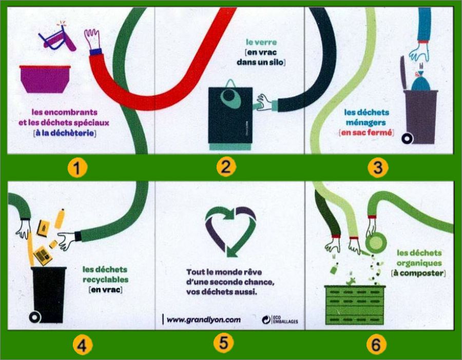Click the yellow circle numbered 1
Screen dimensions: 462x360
point(77,168)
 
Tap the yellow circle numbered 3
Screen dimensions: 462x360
point(378,168)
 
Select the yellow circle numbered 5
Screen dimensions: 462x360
point(223,343)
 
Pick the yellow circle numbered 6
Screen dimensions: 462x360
point(377,345)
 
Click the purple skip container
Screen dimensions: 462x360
point(45,79)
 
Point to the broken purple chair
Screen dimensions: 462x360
point(57,37)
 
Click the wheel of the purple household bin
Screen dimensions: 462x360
point(408,138)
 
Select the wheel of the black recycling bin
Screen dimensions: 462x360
point(35,317)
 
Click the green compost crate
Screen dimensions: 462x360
point(354,305)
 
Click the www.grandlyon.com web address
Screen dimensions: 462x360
point(204,319)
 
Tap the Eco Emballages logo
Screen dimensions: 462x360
point(280,319)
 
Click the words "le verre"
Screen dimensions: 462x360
point(261,42)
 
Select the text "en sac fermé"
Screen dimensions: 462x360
point(367,132)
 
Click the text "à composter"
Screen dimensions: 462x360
point(418,273)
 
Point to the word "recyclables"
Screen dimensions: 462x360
point(105,279)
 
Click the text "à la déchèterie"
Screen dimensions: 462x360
point(65,134)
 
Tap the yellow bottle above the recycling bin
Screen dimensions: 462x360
point(60,218)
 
